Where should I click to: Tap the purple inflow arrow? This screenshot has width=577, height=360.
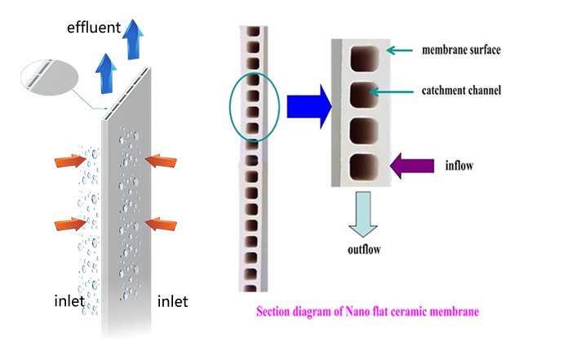click(x=409, y=167)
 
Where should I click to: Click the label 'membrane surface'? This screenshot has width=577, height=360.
click(x=461, y=51)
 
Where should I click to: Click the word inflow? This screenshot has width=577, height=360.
click(x=460, y=166)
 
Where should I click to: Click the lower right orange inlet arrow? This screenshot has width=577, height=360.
click(x=163, y=223)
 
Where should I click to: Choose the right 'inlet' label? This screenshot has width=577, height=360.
click(x=172, y=301)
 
